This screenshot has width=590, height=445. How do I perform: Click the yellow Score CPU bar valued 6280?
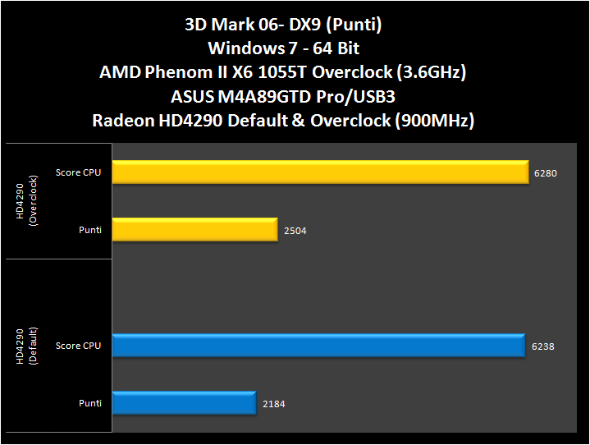tap(320, 172)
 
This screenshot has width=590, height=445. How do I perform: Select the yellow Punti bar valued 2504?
tap(194, 230)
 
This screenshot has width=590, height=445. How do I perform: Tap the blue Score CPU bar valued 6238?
tap(318, 346)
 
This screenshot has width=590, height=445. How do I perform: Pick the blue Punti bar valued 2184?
tap(185, 403)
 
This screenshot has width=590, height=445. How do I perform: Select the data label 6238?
tap(542, 346)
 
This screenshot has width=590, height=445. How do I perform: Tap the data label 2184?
tap(273, 404)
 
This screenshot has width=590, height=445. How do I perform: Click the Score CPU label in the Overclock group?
tap(79, 172)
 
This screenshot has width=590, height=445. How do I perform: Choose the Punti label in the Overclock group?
tap(90, 230)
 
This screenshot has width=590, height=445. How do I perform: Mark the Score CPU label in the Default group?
tap(79, 346)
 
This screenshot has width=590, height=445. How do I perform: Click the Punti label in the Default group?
tap(90, 403)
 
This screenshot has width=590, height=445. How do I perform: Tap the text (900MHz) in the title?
tap(433, 120)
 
